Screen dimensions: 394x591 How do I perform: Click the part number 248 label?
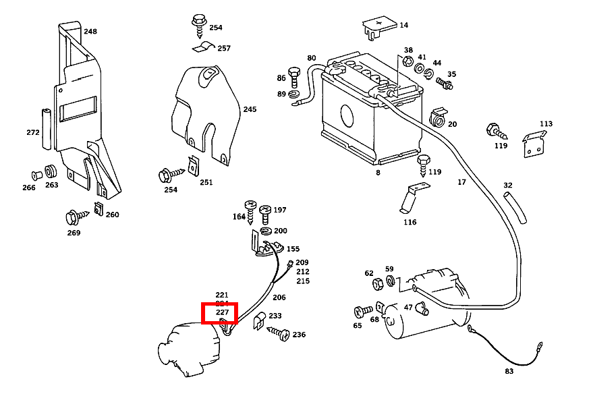(x=90, y=31)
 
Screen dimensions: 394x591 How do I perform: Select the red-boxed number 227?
(x=222, y=312)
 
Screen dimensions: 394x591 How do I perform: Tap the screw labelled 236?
(x=279, y=333)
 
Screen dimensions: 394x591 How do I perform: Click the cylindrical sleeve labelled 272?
(x=47, y=128)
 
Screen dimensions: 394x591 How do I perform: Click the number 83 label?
(x=509, y=371)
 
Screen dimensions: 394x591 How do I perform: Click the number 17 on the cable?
(x=461, y=182)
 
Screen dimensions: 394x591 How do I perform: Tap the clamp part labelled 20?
(x=439, y=118)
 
